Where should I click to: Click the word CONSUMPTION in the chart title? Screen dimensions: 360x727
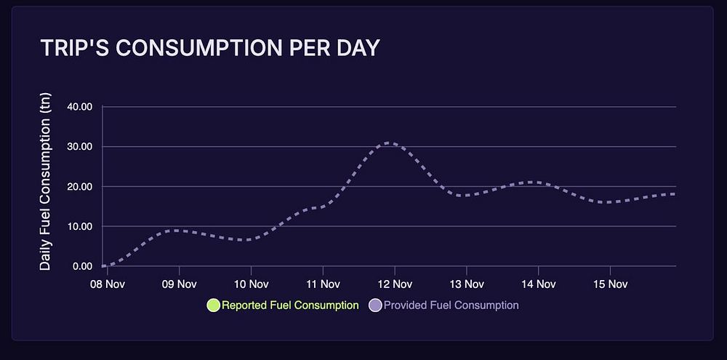tap(191, 48)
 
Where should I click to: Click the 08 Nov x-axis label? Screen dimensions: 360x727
tap(105, 283)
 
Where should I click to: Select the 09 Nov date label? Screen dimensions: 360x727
tap(177, 283)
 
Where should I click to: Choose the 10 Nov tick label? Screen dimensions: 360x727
tap(249, 283)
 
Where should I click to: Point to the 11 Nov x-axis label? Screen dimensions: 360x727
tap(321, 283)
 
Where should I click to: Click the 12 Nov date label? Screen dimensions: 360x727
tap(393, 283)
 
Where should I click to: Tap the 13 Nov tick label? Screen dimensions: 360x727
tap(465, 283)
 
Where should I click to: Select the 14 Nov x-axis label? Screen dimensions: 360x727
tap(537, 283)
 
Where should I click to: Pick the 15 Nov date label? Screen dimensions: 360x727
tap(609, 283)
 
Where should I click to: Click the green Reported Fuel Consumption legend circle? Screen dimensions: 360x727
tap(213, 305)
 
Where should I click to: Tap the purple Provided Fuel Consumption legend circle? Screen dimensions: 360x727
tap(375, 305)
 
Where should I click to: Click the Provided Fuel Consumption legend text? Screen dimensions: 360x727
tap(451, 305)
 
